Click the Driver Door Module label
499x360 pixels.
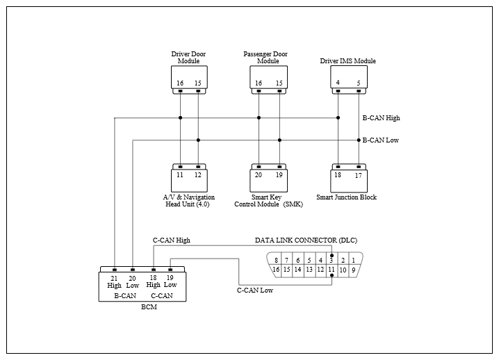[x=188, y=57]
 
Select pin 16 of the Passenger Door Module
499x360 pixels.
[x=259, y=83]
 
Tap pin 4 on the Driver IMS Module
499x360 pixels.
[x=338, y=83]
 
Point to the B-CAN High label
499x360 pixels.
[x=382, y=117]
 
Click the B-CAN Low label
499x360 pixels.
[x=381, y=140]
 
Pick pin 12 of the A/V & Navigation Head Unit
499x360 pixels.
[x=198, y=174]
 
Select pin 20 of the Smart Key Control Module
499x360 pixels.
[x=259, y=174]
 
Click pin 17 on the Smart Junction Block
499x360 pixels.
[x=359, y=175]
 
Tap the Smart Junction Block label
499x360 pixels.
[x=346, y=197]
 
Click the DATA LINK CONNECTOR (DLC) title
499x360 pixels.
[x=306, y=240]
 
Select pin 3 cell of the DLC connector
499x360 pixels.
[x=332, y=259]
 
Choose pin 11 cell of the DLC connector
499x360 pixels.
[x=332, y=270]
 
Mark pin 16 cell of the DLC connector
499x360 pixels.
[x=276, y=270]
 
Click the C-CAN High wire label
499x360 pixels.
[x=172, y=240]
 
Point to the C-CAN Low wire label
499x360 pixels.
[x=255, y=290]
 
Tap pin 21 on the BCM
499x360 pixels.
[x=114, y=278]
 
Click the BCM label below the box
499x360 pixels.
[x=149, y=307]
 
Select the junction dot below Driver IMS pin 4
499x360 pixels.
[x=338, y=117]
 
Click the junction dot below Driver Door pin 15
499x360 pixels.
[x=198, y=140]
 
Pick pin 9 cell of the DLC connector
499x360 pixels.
[x=354, y=270]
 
